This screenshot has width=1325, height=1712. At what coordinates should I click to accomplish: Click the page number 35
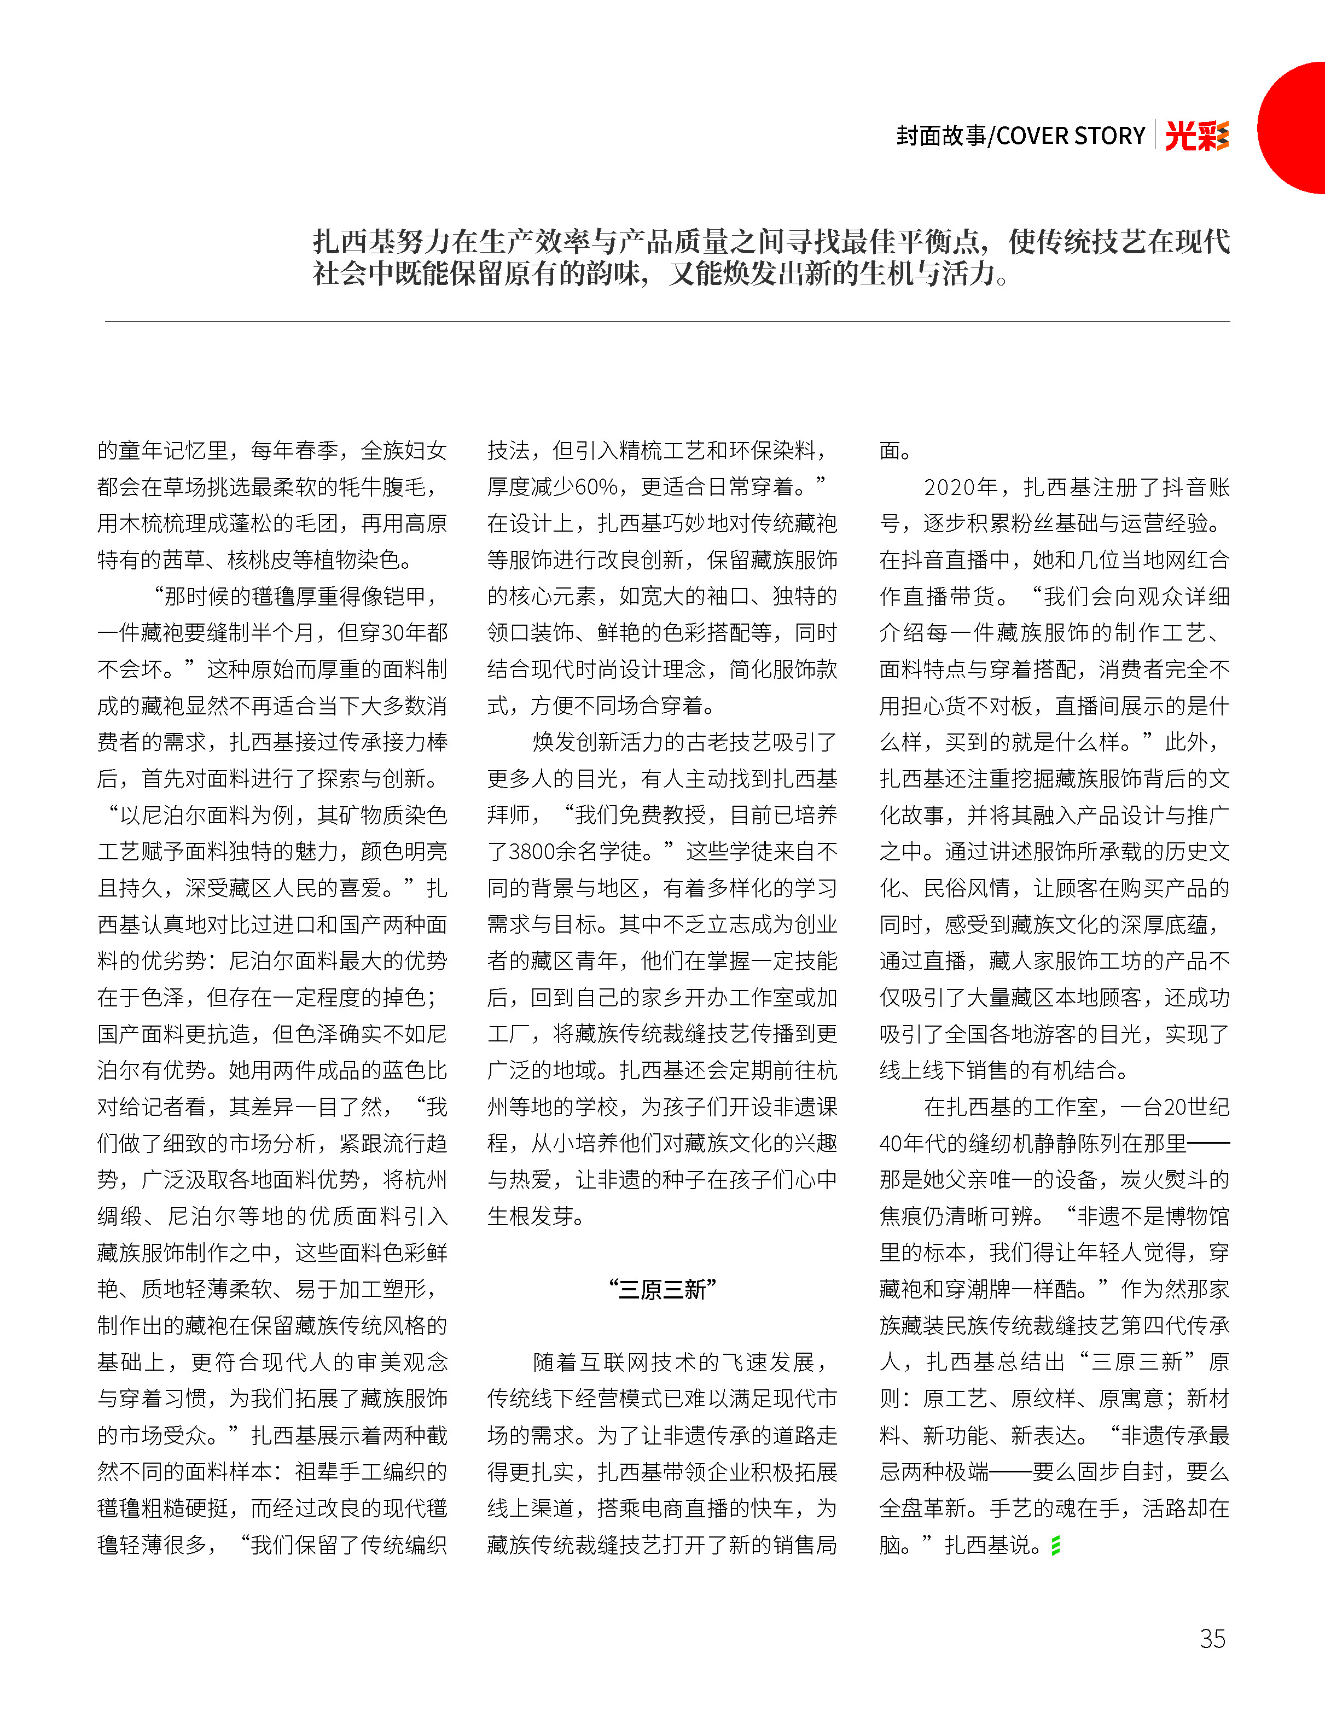(1212, 1638)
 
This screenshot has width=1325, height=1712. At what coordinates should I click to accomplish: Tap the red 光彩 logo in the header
(1196, 136)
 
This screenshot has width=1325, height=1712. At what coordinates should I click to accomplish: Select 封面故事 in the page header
(941, 136)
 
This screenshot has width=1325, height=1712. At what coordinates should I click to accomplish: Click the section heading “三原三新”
(662, 1290)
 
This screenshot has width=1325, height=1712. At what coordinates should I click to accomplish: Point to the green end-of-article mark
(1055, 1545)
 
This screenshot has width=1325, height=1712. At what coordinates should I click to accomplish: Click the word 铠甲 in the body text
(403, 597)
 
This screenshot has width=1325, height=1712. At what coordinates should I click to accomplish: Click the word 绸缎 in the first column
(119, 1216)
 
